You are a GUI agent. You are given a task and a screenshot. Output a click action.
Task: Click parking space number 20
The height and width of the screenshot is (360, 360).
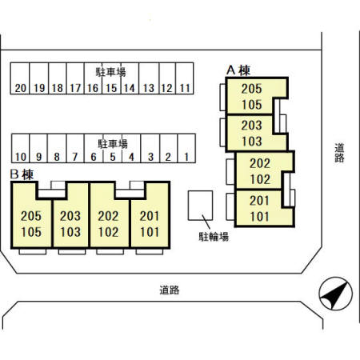click(x=20, y=78)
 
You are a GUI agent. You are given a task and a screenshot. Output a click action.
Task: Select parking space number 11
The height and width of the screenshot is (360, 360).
click(x=185, y=78)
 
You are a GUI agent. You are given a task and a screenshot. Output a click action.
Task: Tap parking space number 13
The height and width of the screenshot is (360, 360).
click(x=149, y=78)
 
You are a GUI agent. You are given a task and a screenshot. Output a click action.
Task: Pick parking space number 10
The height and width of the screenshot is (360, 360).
click(x=21, y=148)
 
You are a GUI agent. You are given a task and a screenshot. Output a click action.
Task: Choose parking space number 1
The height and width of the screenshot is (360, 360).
click(x=186, y=148)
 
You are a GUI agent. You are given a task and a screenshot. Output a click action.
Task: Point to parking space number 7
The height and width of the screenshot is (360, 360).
click(x=75, y=148)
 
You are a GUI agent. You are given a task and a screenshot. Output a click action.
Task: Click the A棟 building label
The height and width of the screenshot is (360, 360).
click(x=238, y=70)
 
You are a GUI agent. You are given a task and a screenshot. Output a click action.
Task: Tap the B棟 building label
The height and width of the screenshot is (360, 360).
click(x=22, y=174)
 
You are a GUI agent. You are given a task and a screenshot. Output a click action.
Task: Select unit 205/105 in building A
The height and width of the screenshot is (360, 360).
click(x=252, y=97)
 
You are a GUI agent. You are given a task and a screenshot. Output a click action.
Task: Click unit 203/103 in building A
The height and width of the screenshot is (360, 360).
click(x=252, y=134)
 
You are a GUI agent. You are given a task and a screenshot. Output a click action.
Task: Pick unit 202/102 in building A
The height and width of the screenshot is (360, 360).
click(x=260, y=171)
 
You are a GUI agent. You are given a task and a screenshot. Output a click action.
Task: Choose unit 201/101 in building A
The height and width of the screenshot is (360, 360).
click(x=260, y=209)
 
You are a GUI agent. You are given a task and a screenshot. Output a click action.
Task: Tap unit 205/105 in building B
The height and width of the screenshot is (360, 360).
click(x=31, y=223)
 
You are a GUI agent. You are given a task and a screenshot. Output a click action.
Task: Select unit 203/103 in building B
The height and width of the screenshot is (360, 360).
click(x=70, y=223)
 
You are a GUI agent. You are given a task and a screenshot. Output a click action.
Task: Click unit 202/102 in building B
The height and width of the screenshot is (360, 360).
click(x=108, y=223)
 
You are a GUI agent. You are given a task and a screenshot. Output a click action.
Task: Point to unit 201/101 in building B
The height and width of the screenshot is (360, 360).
click(x=150, y=223)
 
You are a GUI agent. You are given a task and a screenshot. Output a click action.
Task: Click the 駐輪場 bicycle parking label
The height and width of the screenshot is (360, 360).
click(x=214, y=237)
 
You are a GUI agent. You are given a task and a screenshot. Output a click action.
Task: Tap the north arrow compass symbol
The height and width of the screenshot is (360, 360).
click(x=335, y=294)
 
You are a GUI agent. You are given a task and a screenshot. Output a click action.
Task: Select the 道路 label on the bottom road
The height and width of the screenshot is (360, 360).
click(x=170, y=290)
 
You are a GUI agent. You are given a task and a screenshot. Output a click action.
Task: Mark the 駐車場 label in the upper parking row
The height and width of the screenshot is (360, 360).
click(x=110, y=72)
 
